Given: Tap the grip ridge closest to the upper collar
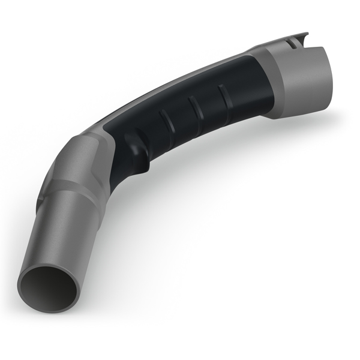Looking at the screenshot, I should coord(223,94).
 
